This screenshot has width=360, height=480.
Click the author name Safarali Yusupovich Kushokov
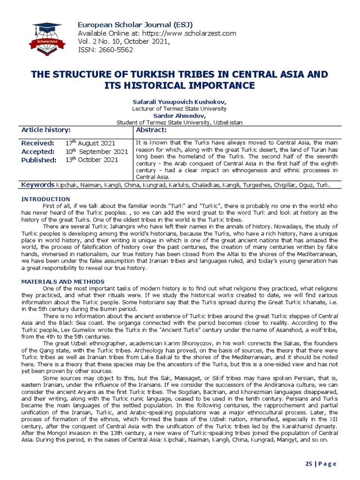tap(180, 102)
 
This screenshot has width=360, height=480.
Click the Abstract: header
tap(151, 130)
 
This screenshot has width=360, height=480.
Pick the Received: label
tap(38, 143)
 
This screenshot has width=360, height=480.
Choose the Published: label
tap(39, 160)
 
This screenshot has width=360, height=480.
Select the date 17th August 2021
tap(90, 143)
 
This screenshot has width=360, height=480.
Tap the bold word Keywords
tap(38, 185)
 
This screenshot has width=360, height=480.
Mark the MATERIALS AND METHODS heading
tap(63, 281)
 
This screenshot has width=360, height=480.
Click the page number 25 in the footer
tap(308, 464)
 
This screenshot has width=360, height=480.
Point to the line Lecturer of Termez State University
tap(180, 108)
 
